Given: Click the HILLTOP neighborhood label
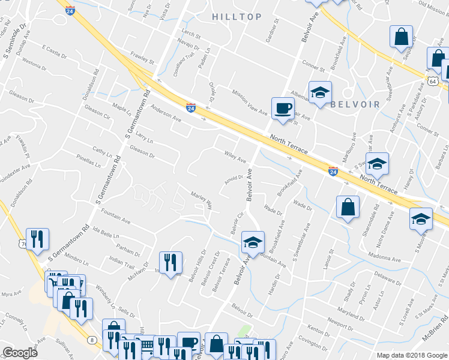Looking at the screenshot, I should pos(237,17).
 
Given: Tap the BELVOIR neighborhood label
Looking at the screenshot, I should pos(355,104).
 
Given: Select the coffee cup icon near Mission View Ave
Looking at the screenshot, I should pos(283,108).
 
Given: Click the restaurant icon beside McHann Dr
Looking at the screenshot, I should pos(170,262).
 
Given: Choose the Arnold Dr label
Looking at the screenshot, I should pos(233,177).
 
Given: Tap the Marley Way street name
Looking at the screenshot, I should pos(202,200).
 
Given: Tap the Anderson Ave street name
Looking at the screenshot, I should pos(166,113).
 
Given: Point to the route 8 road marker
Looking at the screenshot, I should pos(92,340).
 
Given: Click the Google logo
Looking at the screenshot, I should pos(20,352).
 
